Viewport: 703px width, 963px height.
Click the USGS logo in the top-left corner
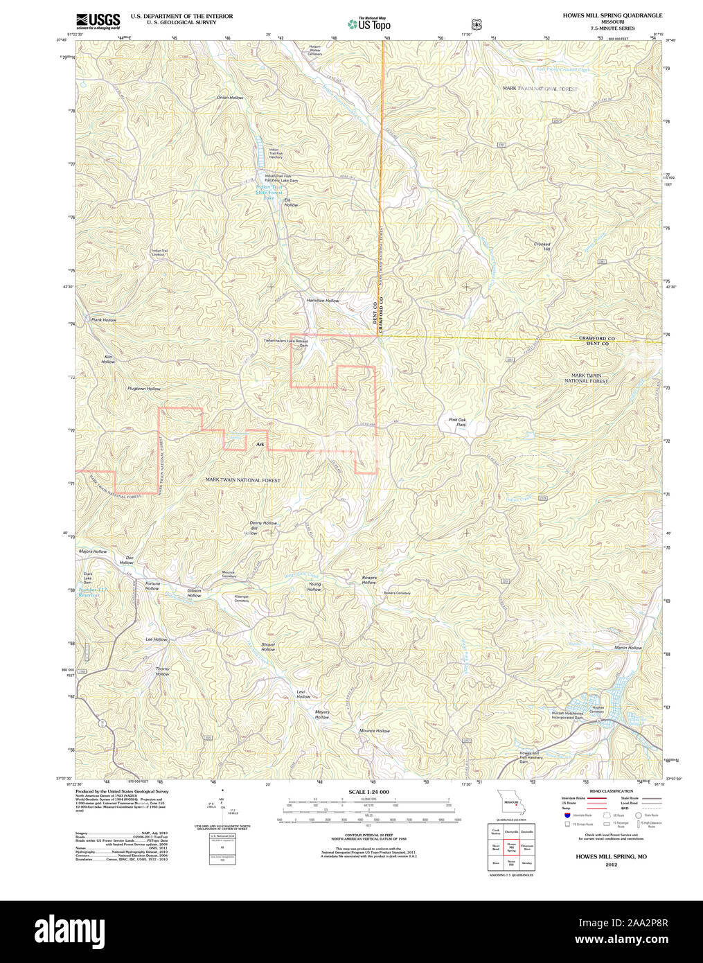[x=98, y=21]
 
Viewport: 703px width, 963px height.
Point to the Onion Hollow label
[x=230, y=98]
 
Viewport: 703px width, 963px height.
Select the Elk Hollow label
[x=291, y=202]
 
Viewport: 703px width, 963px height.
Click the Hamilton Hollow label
[x=323, y=301]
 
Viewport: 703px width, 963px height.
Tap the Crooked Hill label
[x=542, y=246]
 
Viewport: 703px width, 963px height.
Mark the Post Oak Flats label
[x=457, y=423]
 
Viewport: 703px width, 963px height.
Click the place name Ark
[x=260, y=444]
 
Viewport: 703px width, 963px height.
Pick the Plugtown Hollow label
[x=143, y=389]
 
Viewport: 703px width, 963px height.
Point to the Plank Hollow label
[x=104, y=320]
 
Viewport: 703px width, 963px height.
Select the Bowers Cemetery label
[x=397, y=593]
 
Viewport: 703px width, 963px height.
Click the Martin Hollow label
[x=628, y=648]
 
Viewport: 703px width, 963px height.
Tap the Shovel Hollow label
[x=268, y=647]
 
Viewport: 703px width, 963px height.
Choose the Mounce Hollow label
[x=374, y=731]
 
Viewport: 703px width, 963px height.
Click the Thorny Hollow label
[x=162, y=671]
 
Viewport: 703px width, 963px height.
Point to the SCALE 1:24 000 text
[x=368, y=792]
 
